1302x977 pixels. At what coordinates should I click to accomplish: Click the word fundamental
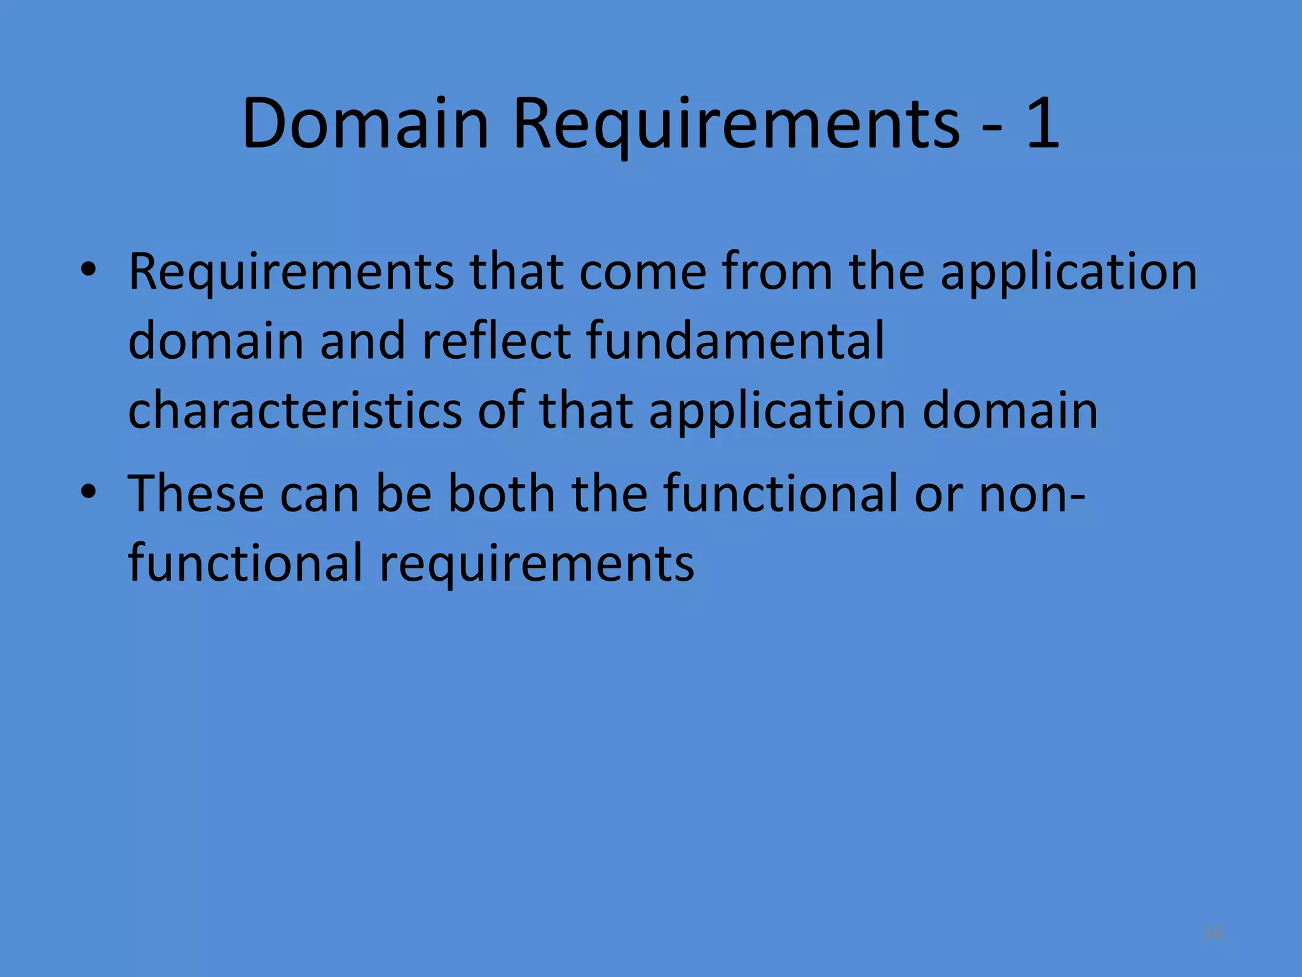[735, 341]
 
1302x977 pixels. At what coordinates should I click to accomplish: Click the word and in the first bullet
[362, 341]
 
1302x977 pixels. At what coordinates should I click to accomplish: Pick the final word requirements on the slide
[537, 564]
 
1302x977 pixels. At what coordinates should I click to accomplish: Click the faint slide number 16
[1213, 932]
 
